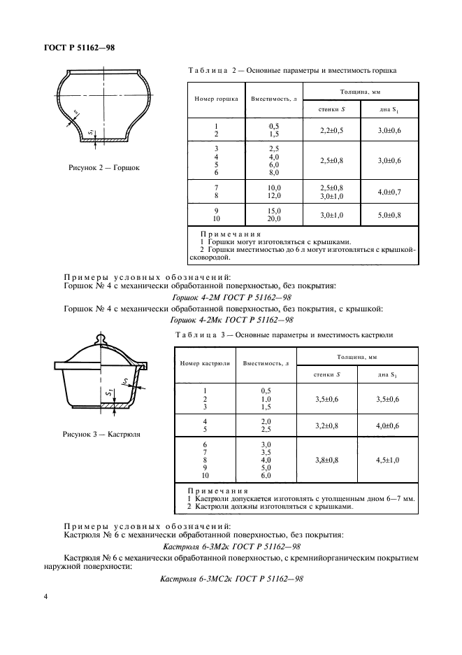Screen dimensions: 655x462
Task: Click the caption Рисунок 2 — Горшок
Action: (x=104, y=168)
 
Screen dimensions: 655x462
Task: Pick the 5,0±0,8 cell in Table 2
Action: (x=389, y=214)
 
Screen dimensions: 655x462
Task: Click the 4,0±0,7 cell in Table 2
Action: (x=389, y=191)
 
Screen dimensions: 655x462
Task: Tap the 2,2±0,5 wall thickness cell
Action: (x=331, y=130)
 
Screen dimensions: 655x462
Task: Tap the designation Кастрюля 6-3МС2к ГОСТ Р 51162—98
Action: (x=231, y=579)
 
